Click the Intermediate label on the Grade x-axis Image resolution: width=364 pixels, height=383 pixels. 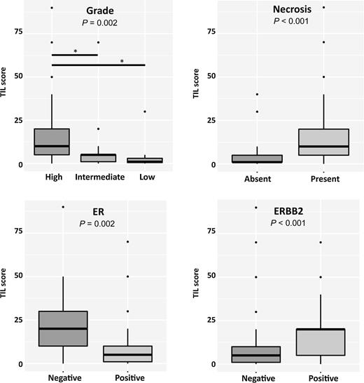(99, 177)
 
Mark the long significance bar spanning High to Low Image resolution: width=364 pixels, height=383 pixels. (99, 65)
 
